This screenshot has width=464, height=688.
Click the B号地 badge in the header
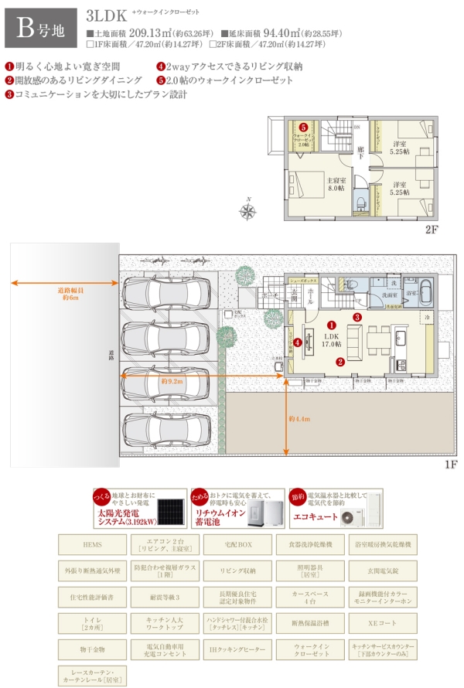39,29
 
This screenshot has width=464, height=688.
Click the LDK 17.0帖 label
332,340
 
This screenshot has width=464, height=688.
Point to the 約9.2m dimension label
171,381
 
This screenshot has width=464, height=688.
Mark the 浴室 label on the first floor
411,294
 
